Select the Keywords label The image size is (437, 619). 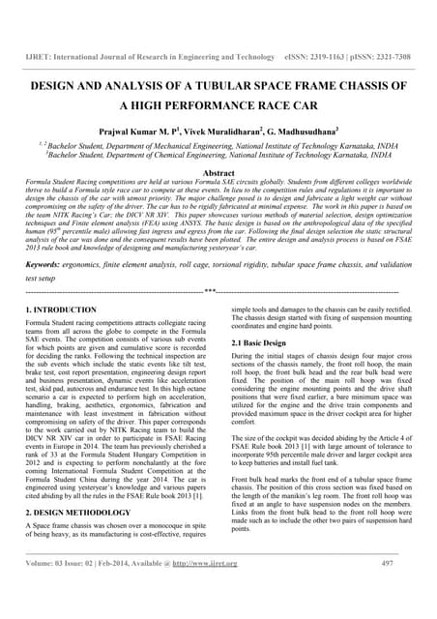[44, 264]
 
